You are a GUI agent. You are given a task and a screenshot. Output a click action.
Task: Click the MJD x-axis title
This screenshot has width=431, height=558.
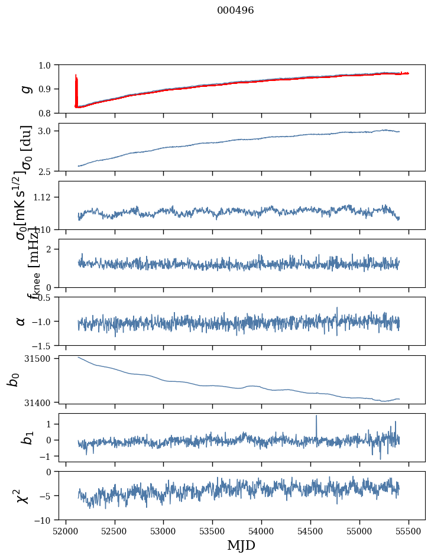click(241, 545)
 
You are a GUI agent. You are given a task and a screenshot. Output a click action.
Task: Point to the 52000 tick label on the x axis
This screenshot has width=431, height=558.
click(66, 530)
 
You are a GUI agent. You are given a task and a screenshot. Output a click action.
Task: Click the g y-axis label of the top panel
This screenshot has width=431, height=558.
click(25, 89)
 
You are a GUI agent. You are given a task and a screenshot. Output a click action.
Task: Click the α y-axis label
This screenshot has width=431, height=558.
click(21, 321)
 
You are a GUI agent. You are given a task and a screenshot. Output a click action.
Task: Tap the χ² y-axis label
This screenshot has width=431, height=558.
click(22, 495)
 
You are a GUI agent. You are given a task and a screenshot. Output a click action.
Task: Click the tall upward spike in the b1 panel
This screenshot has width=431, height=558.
click(316, 417)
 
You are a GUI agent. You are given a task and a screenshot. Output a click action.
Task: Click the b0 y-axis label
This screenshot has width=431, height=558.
click(13, 379)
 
